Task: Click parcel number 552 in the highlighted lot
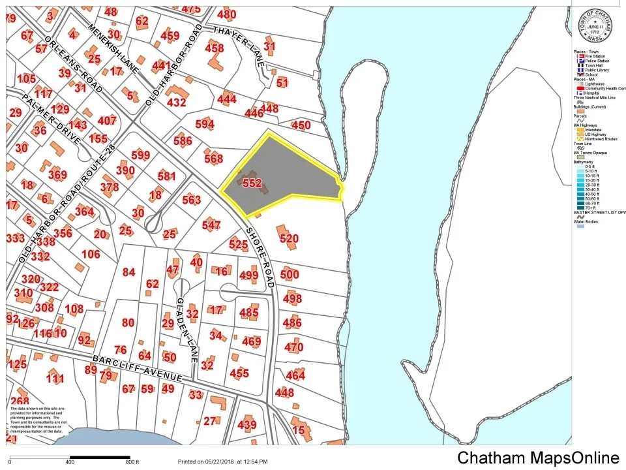pos(252,183)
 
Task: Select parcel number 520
pos(289,239)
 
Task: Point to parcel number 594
pos(204,124)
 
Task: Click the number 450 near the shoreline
pos(301,125)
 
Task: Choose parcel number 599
pos(140,155)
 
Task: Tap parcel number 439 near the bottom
pos(247,425)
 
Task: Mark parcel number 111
pos(55,379)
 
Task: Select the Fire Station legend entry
pos(595,57)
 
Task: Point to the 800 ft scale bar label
pos(132,462)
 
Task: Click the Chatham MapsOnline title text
pos(537,458)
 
